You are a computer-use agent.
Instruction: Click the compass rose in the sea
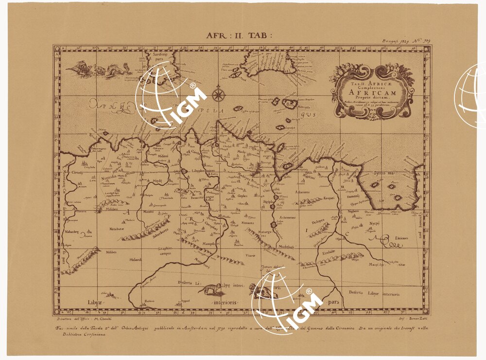(x=218, y=94)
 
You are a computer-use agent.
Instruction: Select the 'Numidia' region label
(x=109, y=179)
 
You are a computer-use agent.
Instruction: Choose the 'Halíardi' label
(x=135, y=260)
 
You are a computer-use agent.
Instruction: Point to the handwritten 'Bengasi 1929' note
(x=393, y=42)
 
